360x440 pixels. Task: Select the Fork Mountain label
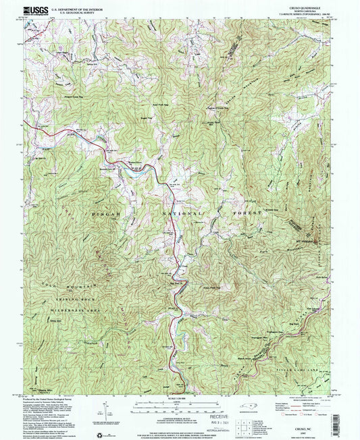[270, 254]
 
